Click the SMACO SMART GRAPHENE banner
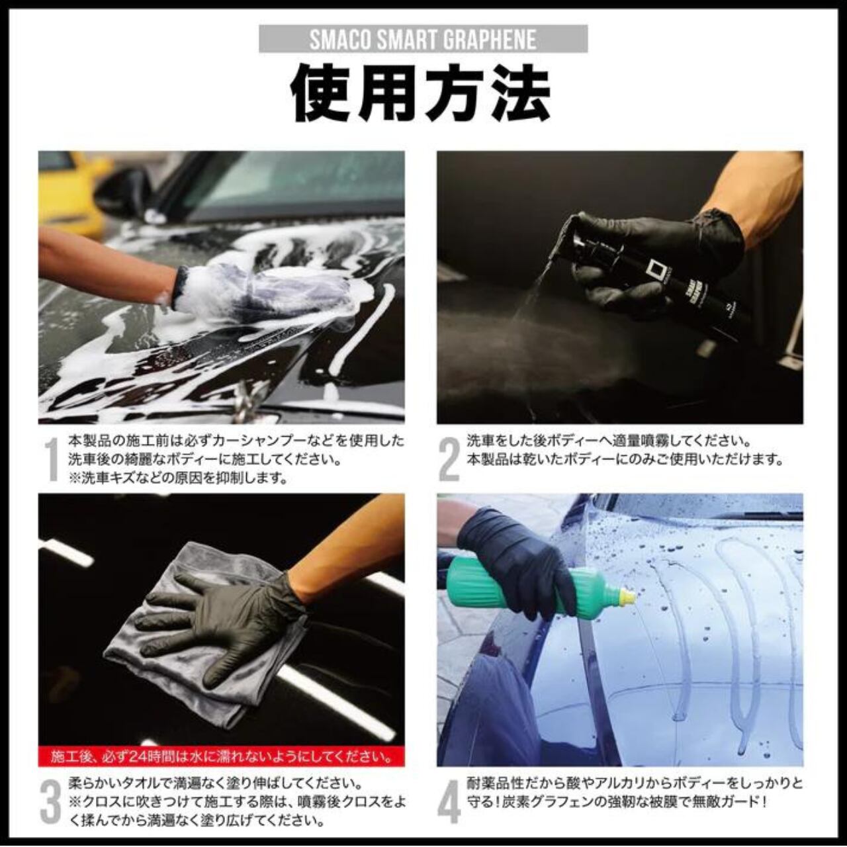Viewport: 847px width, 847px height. click(x=423, y=39)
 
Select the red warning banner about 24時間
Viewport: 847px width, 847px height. click(x=221, y=756)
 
